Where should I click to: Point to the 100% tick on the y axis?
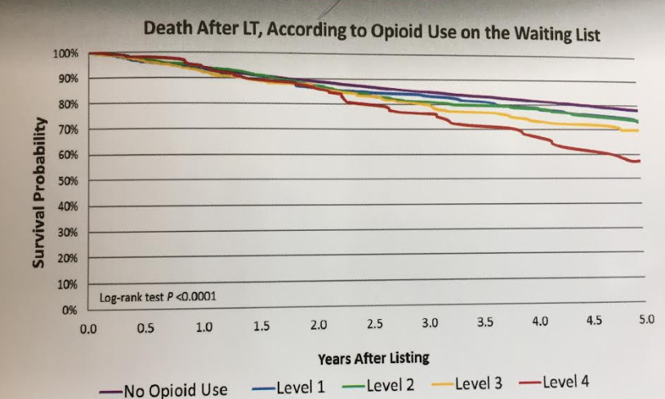pyautogui.click(x=65, y=54)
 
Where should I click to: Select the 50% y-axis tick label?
pyautogui.click(x=67, y=181)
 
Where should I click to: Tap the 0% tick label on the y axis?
pyautogui.click(x=69, y=311)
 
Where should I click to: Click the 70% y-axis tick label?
pyautogui.click(x=67, y=130)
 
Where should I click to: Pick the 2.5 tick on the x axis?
pyautogui.click(x=375, y=325)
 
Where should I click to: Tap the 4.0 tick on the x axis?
pyautogui.click(x=539, y=322)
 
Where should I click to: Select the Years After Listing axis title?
pyautogui.click(x=373, y=357)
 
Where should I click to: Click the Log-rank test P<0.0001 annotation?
pyautogui.click(x=158, y=297)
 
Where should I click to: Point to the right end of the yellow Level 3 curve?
pyautogui.click(x=637, y=131)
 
